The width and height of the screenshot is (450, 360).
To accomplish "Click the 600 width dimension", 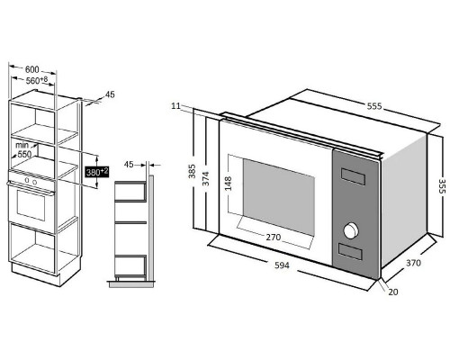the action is click(32, 69).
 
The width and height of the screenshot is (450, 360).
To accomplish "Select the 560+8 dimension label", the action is click(37, 80).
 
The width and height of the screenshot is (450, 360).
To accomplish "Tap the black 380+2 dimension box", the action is click(97, 172).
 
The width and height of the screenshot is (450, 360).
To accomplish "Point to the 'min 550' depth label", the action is click(23, 150).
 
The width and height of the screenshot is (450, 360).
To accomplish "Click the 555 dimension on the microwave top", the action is click(374, 106).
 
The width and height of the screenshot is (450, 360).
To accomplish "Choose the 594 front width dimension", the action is click(282, 265).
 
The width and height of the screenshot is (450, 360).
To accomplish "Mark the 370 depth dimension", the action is click(413, 263).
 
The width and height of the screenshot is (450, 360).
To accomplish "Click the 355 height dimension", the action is click(442, 186).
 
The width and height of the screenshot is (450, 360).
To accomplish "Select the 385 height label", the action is click(192, 171).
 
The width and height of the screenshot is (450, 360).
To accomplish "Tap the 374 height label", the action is click(205, 178).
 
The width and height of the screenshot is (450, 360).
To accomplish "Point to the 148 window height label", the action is click(228, 184).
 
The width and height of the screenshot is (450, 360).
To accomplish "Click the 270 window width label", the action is click(274, 238).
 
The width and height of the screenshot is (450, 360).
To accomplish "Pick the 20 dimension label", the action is click(393, 292).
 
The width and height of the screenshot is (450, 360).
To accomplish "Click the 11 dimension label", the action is click(176, 106).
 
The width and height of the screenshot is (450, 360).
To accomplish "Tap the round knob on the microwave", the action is click(350, 230).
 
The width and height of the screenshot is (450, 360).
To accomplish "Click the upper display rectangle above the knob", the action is click(353, 176).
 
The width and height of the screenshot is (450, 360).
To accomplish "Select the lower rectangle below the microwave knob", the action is click(350, 251).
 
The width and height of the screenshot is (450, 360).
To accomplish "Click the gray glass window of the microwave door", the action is click(279, 196).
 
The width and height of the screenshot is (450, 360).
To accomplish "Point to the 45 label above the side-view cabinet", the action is click(129, 165).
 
